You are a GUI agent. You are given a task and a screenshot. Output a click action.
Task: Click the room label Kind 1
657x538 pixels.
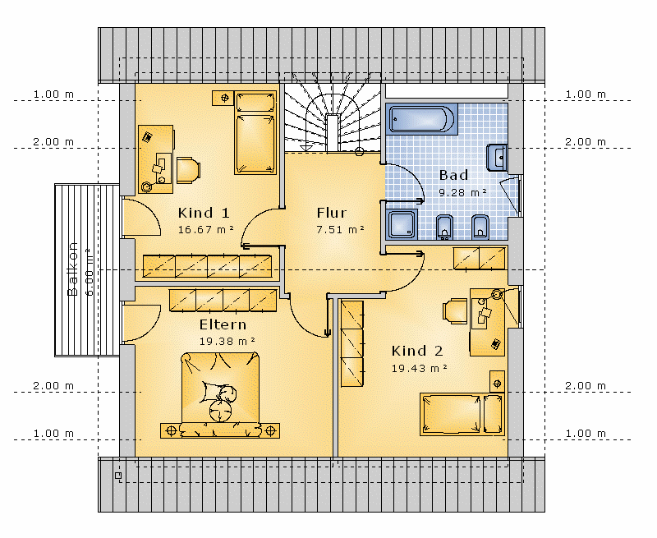point(204,213)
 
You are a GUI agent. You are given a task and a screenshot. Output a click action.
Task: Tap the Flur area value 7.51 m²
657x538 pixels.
point(340,230)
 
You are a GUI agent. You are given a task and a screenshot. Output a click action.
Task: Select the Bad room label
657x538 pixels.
point(453,175)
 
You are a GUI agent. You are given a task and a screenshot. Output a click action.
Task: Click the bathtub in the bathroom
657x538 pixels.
point(421,119)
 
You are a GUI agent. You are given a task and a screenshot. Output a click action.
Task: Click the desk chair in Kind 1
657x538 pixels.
point(188,170)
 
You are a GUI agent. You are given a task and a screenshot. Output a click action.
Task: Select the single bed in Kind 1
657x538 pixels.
point(255,132)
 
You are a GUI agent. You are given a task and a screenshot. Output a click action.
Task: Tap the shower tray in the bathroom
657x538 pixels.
point(402,224)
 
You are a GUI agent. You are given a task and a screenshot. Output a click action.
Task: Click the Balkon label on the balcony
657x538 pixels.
point(72,269)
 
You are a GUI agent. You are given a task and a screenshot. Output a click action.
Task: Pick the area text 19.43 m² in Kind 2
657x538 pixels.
point(420,368)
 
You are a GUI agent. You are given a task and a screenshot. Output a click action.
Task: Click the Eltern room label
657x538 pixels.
point(223,324)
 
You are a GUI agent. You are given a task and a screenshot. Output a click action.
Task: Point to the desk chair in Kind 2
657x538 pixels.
point(455,311)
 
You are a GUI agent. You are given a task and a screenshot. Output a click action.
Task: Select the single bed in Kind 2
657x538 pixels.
point(462,414)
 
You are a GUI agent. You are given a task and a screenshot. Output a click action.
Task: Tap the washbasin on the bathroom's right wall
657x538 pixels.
point(497,158)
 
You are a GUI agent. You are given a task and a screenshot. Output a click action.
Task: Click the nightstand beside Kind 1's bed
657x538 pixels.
point(223,98)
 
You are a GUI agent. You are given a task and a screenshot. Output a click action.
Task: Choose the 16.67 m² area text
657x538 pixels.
point(206,230)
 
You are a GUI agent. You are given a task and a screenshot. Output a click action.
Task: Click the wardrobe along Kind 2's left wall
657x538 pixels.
point(352,343)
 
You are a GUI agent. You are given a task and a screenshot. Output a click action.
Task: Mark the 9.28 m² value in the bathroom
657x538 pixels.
point(462,193)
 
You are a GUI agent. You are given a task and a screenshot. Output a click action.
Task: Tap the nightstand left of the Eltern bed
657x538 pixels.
point(171,430)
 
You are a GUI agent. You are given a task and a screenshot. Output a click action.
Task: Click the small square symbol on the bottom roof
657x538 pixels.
point(118,475)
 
